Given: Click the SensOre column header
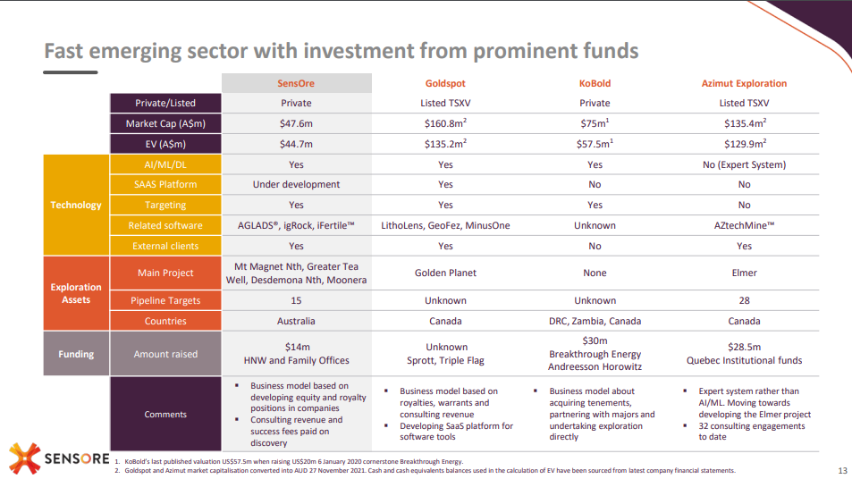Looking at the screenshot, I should click(296, 83).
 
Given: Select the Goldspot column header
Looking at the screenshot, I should click(446, 83).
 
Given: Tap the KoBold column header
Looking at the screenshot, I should click(595, 83).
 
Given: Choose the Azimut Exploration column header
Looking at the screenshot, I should click(744, 83).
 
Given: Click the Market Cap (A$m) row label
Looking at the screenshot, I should click(165, 123).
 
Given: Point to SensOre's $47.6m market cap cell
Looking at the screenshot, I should click(296, 123).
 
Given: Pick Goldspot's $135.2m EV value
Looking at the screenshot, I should click(446, 143).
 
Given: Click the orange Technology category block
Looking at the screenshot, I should click(76, 205).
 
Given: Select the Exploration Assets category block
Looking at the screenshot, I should click(76, 294).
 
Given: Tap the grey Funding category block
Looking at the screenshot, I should click(76, 354).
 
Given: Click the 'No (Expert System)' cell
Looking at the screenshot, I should click(744, 164).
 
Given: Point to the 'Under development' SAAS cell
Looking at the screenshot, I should click(296, 184).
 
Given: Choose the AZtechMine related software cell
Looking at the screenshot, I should click(744, 225).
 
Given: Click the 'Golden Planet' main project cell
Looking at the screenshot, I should click(446, 273).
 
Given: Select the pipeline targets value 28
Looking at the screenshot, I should click(744, 300).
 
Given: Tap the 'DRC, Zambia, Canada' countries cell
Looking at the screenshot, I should click(595, 321).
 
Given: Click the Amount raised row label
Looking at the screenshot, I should click(165, 354).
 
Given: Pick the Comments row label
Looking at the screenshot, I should click(165, 414).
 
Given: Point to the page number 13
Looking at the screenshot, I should click(842, 471).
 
